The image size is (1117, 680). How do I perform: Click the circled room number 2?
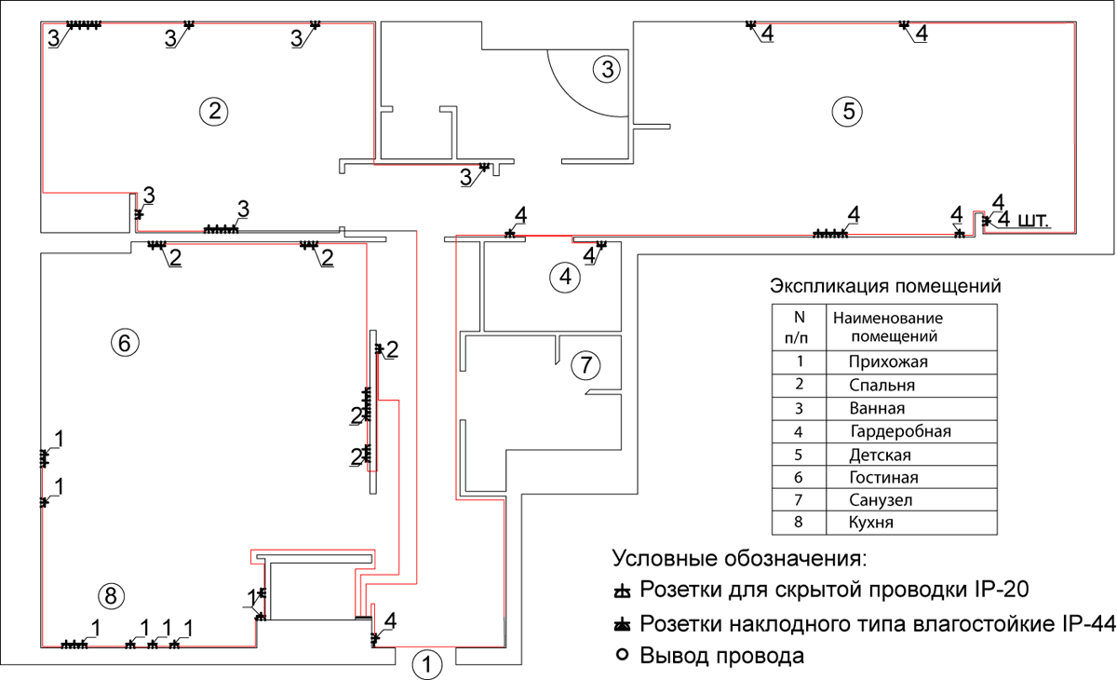[214, 111]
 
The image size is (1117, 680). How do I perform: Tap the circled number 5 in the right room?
[847, 111]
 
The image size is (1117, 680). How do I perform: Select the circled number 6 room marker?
[125, 342]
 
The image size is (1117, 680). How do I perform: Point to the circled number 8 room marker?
[110, 594]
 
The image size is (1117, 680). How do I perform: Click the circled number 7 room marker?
[585, 365]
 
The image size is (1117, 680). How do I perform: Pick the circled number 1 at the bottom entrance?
[426, 664]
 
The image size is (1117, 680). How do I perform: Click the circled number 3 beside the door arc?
[606, 68]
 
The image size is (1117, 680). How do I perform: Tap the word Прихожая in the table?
[889, 361]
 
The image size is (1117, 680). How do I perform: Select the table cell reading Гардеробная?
[900, 431]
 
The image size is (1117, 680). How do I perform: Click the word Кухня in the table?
[871, 523]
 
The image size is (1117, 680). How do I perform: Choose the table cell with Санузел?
[881, 500]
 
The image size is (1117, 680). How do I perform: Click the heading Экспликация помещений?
[885, 285]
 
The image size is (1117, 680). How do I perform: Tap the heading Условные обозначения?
[740, 559]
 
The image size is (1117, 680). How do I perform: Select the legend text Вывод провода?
[721, 656]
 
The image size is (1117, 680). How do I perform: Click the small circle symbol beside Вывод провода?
[623, 655]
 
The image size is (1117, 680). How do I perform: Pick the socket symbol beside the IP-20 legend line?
[623, 592]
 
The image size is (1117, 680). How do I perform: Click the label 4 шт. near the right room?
[1023, 221]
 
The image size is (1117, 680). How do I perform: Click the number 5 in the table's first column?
[800, 455]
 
